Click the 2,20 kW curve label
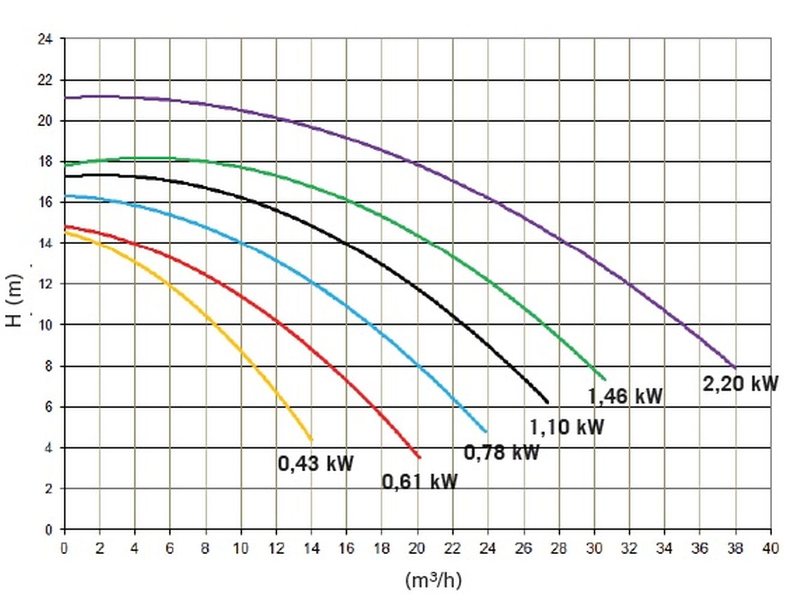pos(740,383)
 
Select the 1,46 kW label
pos(625,396)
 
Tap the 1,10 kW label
pos(566,427)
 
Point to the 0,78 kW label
pos(501,452)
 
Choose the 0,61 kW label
pos(420,481)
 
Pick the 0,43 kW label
pos(316,463)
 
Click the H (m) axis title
pos(15,300)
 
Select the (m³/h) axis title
pos(433,580)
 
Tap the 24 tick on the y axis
pos(45,40)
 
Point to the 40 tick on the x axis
pos(770,548)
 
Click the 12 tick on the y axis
pos(45,284)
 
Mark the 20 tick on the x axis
pos(417,548)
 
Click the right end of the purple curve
pos(734,367)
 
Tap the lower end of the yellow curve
pos(311,440)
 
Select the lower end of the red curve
pos(419,457)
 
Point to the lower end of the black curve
pos(547,402)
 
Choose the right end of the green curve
pos(604,379)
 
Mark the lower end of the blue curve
pos(486,432)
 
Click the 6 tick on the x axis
pos(170,548)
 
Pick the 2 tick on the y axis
pos(48,489)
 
